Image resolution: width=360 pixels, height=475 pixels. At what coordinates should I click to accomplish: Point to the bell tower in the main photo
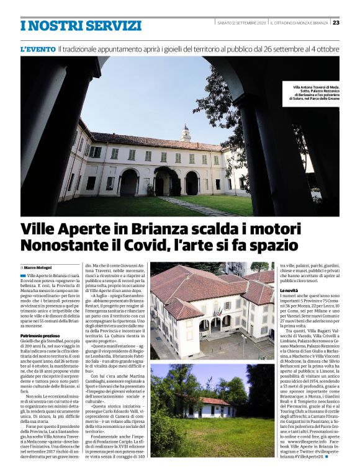click(x=186, y=133)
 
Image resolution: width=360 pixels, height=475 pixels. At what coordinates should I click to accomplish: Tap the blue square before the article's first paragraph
click(x=23, y=275)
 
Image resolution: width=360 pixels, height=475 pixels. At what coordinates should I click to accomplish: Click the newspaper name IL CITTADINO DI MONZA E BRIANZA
click(x=299, y=24)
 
